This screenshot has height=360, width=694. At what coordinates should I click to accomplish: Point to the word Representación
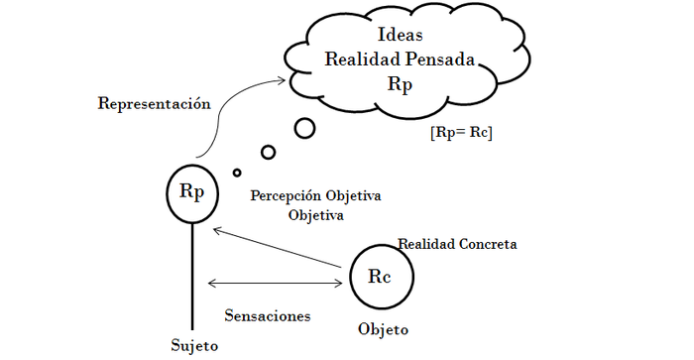pos(155,102)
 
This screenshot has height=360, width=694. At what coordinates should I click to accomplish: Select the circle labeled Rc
pos(380,277)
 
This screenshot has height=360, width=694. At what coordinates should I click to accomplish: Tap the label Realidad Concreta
pos(457,243)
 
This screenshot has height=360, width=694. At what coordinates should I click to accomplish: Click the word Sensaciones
pos(268,316)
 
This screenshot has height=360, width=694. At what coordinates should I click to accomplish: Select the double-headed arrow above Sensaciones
pos(276,284)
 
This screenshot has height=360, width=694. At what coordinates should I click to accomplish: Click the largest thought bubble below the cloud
pos(304,128)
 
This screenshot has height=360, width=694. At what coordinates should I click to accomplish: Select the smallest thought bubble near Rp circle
pos(237,173)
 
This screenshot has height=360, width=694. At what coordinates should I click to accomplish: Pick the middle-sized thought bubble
pos(268,152)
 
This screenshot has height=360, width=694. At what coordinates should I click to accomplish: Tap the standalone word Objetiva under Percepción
pos(316,213)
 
